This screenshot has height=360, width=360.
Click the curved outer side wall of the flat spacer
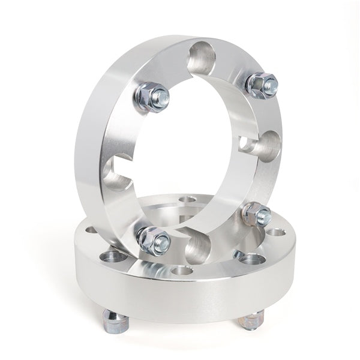180,300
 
